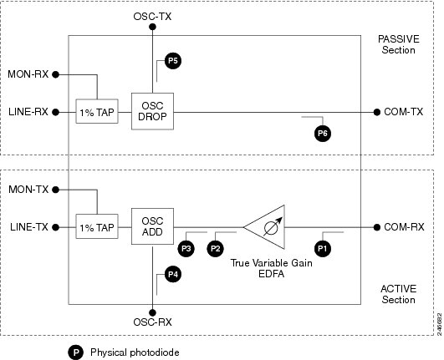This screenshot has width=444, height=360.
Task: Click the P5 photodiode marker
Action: pyautogui.click(x=173, y=61)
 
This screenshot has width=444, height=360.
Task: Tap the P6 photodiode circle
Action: pyautogui.click(x=323, y=134)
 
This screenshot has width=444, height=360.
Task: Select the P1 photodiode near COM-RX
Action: pyautogui.click(x=323, y=249)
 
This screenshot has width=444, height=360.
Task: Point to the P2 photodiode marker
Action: pyautogui.click(x=216, y=249)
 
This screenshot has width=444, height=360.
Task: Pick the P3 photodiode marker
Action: pyautogui.click(x=186, y=249)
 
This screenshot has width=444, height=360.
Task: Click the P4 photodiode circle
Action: pyautogui.click(x=173, y=274)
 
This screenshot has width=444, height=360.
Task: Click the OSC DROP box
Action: pyautogui.click(x=153, y=111)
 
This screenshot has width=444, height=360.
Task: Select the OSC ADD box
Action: pyautogui.click(x=153, y=226)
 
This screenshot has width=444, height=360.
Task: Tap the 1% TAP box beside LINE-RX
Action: pyautogui.click(x=97, y=111)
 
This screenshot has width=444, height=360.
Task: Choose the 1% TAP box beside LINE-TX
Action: pyautogui.click(x=97, y=226)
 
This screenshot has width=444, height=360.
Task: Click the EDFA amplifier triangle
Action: pyautogui.click(x=264, y=227)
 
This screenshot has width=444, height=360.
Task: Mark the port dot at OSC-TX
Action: pyautogui.click(x=153, y=27)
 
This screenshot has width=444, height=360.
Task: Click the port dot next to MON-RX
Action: pyautogui.click(x=56, y=74)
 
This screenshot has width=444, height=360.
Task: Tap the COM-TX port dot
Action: pyautogui.click(x=377, y=112)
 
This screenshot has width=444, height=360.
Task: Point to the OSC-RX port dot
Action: pyautogui.click(x=153, y=312)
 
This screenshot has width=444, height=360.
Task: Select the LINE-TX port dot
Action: pyautogui.click(x=56, y=227)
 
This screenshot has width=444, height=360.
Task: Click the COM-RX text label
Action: pyautogui.click(x=404, y=227)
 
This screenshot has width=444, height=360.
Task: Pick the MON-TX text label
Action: pyautogui.click(x=28, y=190)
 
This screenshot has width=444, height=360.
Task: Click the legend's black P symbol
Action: pyautogui.click(x=75, y=352)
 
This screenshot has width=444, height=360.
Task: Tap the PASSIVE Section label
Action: pyautogui.click(x=399, y=44)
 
